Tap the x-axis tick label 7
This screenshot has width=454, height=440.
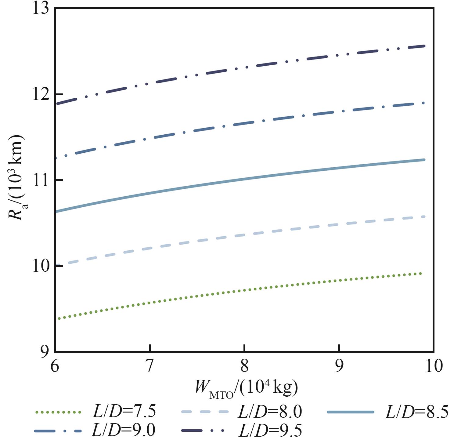(149, 365)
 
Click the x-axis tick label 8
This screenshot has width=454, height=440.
(244, 365)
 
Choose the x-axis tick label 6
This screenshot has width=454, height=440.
(54, 365)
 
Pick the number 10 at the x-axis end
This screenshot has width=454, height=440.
(433, 365)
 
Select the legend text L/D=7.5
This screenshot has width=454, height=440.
(124, 412)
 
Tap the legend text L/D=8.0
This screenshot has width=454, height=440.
(270, 412)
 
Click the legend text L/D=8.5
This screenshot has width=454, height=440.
(416, 412)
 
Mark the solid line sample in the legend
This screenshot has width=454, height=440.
(350, 412)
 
